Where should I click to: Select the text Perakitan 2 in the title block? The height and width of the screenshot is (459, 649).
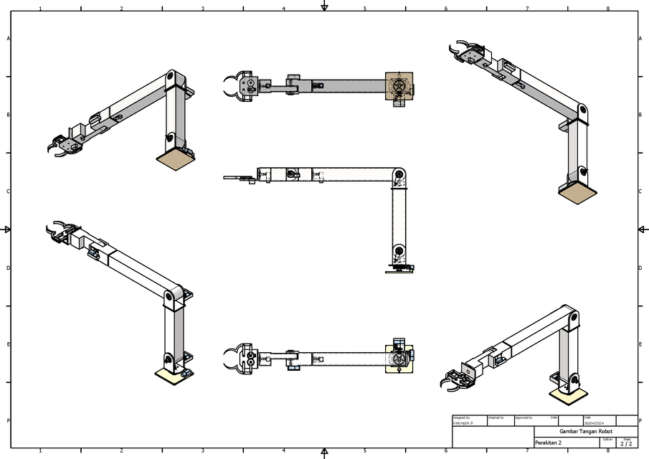(x=549, y=443)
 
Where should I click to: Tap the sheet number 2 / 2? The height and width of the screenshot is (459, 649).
(x=626, y=444)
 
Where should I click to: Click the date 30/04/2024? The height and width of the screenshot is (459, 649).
(x=594, y=423)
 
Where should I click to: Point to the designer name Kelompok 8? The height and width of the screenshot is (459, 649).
(x=463, y=423)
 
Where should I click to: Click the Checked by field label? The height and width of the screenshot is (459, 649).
(x=496, y=417)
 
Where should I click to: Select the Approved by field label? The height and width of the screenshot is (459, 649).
(x=524, y=417)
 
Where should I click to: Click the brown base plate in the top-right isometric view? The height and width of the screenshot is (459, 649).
(x=577, y=191)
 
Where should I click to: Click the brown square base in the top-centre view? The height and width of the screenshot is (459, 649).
(x=399, y=86)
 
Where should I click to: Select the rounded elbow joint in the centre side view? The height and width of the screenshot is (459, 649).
(x=399, y=176)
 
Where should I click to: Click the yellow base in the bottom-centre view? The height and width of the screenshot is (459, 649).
(x=399, y=356)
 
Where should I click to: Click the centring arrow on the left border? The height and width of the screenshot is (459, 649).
(x=7, y=229)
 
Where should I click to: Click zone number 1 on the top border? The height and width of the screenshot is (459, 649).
(x=40, y=9)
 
